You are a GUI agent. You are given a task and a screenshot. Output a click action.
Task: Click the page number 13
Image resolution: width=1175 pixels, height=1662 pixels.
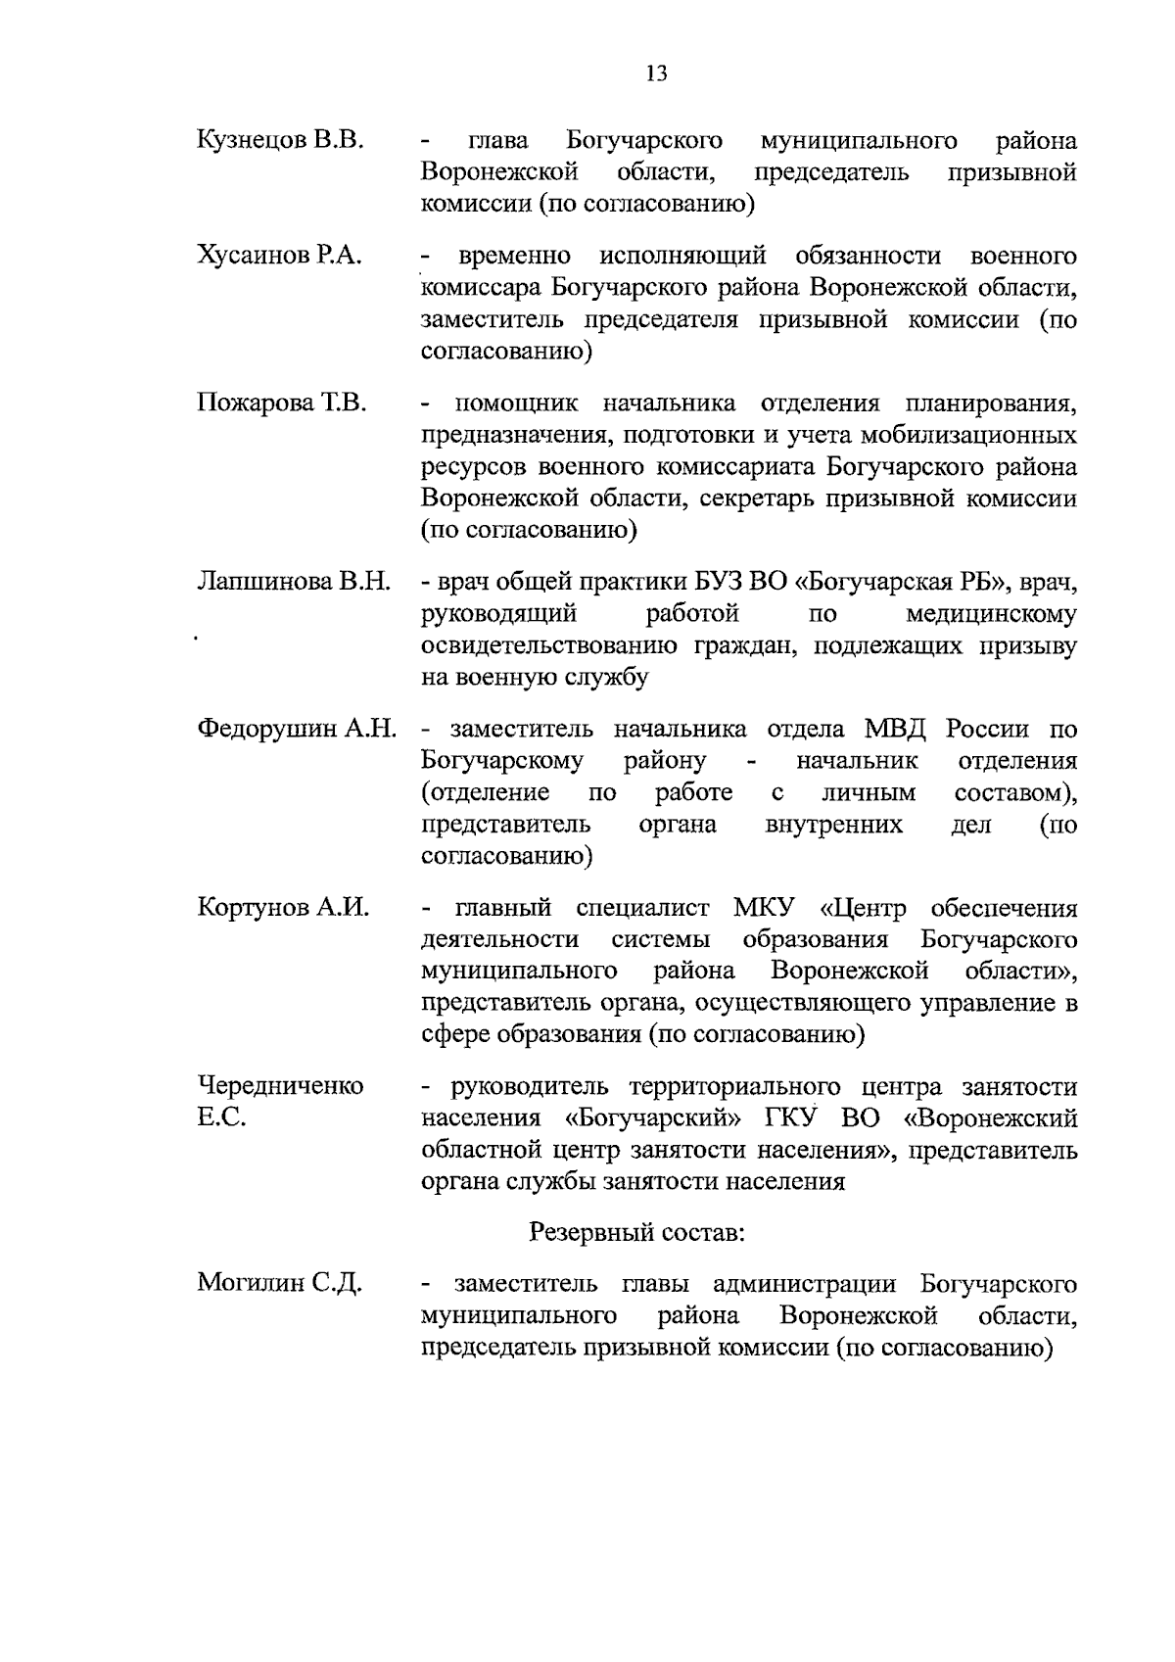pyautogui.click(x=656, y=73)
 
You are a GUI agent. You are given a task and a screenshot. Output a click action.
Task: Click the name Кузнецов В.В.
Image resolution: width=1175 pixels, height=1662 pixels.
pyautogui.click(x=281, y=140)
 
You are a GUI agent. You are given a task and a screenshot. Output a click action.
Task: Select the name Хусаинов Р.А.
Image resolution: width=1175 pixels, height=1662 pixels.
pyautogui.click(x=280, y=257)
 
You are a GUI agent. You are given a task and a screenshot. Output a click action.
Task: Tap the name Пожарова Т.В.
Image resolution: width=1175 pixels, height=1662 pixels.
pyautogui.click(x=281, y=403)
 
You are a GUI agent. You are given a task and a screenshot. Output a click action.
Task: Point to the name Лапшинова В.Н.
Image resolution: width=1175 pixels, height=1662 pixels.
pyautogui.click(x=294, y=582)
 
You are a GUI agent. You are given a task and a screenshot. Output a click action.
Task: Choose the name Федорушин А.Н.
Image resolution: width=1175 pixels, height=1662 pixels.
pyautogui.click(x=297, y=729)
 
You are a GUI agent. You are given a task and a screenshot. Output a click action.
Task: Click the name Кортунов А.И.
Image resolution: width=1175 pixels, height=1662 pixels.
pyautogui.click(x=284, y=907)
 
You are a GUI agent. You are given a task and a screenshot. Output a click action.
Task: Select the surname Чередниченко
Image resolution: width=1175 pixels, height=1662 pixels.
pyautogui.click(x=281, y=1085)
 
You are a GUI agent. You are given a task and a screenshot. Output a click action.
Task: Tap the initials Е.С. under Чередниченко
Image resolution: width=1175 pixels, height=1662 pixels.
pyautogui.click(x=221, y=1116)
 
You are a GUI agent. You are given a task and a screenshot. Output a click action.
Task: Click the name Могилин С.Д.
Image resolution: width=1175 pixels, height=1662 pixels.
pyautogui.click(x=280, y=1283)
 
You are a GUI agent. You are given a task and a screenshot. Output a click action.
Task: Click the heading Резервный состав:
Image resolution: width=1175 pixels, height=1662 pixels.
pyautogui.click(x=637, y=1232)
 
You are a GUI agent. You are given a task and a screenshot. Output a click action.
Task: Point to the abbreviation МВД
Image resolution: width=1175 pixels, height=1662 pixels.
pyautogui.click(x=898, y=729)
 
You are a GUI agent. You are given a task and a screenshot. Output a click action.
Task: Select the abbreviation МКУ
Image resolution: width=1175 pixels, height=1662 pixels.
pyautogui.click(x=764, y=908)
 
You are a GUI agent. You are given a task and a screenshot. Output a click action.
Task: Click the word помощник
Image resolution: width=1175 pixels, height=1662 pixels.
pyautogui.click(x=516, y=404)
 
